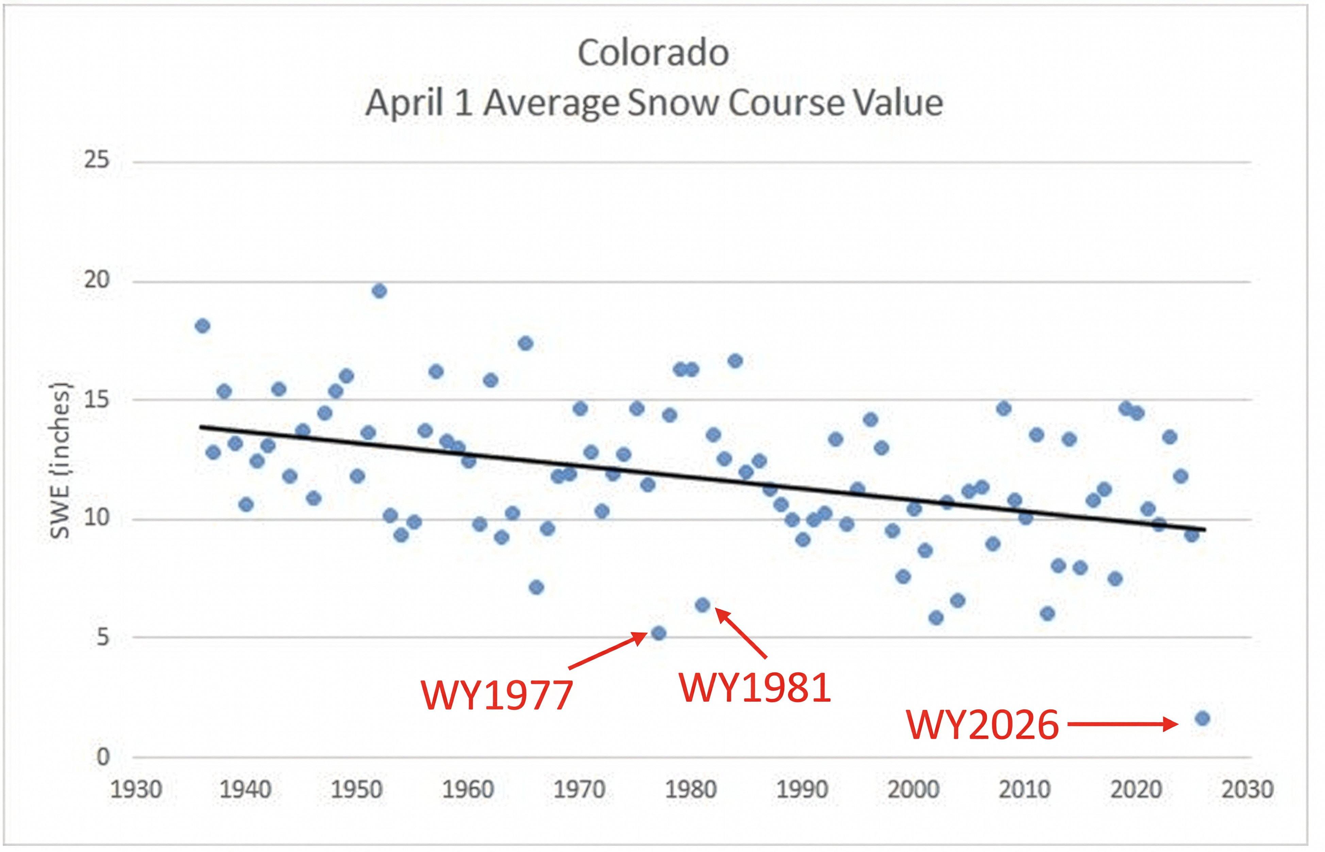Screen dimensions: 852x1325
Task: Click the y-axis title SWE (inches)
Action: tap(60, 460)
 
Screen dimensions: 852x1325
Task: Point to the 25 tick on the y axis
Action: tap(97, 160)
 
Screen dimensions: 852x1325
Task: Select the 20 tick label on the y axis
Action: tap(97, 280)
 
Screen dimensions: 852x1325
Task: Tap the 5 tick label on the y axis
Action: tap(102, 637)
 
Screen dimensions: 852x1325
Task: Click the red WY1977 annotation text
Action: tap(497, 695)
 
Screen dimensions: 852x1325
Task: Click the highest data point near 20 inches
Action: tap(379, 291)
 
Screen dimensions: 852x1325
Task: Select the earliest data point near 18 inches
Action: tap(202, 326)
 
